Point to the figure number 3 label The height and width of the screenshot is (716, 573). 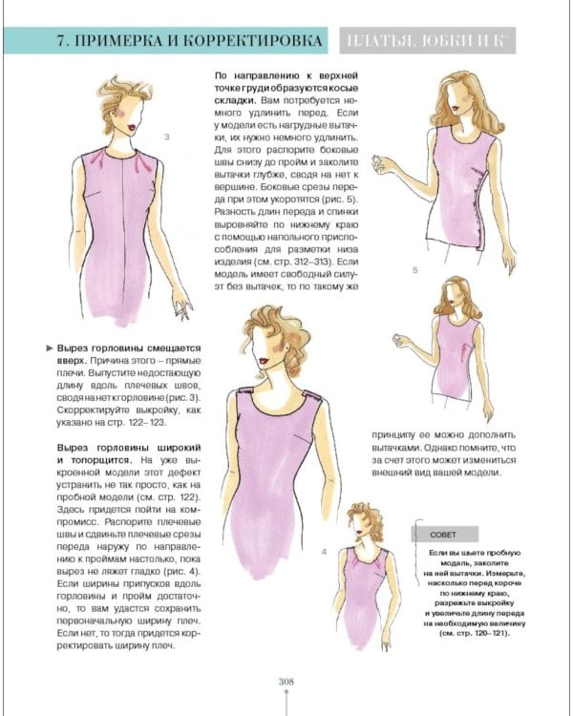pos(167,138)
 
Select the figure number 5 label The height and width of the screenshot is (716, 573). pos(414,270)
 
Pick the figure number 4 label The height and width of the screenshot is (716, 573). pos(325,553)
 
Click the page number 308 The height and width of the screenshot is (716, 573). pos(286,681)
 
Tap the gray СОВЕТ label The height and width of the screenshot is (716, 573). pos(438,535)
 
